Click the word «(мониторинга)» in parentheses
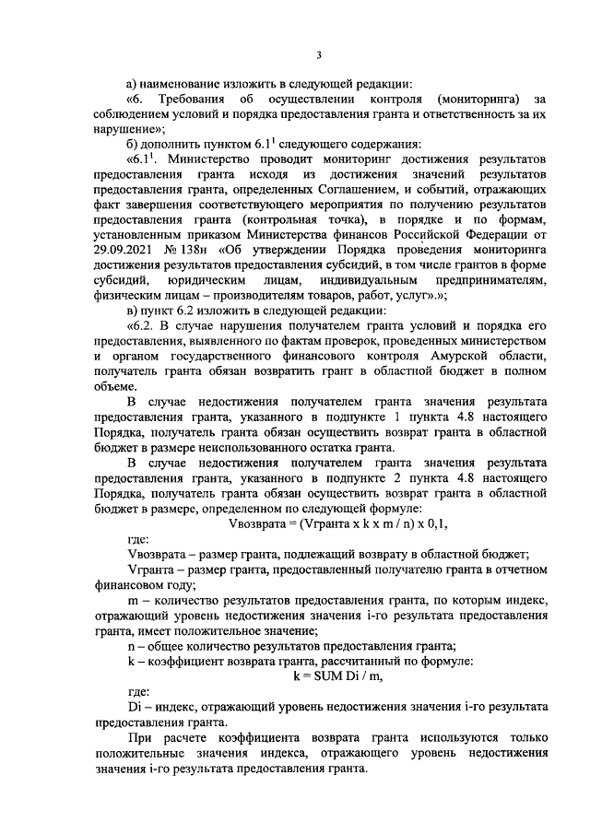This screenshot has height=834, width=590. tap(481, 99)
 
